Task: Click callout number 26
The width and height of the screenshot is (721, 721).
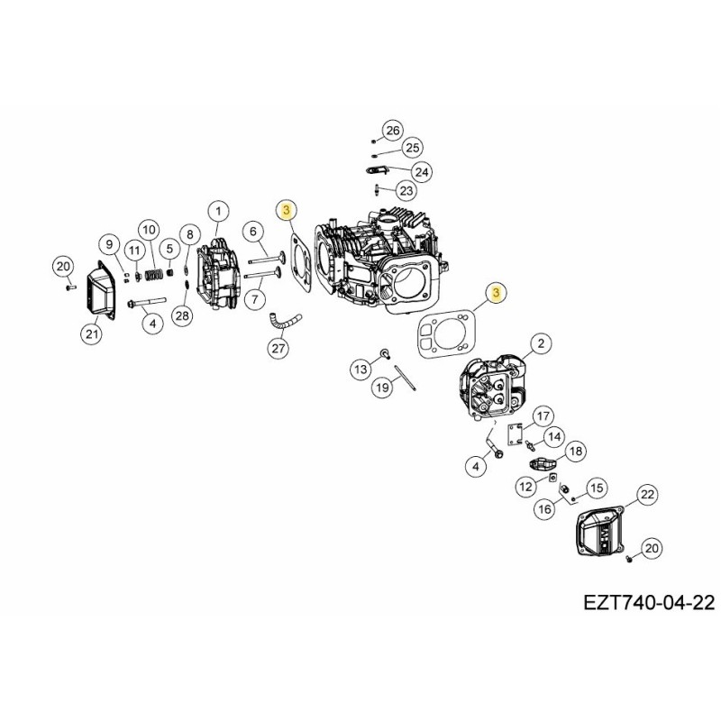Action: [391, 131]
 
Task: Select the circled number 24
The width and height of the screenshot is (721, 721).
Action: [421, 171]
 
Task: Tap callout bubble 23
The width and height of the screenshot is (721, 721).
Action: [406, 190]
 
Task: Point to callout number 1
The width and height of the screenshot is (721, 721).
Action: [217, 212]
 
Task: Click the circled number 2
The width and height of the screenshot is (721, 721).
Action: [540, 343]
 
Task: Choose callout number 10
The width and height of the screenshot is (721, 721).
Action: [149, 230]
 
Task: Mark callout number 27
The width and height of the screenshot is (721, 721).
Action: [278, 348]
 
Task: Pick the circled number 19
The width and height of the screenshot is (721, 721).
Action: [382, 387]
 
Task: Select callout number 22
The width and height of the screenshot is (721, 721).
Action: [647, 495]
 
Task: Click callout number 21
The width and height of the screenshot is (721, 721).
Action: [91, 334]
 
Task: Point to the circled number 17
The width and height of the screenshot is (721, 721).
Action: [542, 415]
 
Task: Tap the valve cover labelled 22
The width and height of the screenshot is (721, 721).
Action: [600, 534]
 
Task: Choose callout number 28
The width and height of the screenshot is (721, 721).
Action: [183, 315]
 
